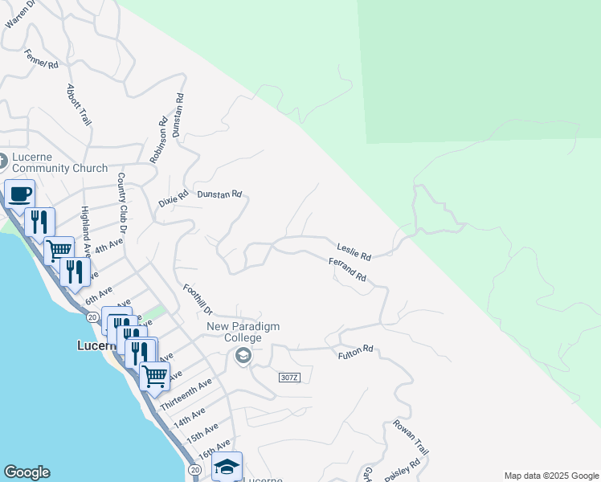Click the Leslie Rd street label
[x=354, y=252]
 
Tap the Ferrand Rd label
[x=347, y=269]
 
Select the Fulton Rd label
[x=356, y=351]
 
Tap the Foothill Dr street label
[x=197, y=300]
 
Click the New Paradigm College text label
[x=245, y=332]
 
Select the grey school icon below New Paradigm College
[x=244, y=355]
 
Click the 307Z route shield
[x=290, y=378]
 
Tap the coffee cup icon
[x=20, y=194]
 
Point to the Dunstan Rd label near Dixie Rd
[x=219, y=194]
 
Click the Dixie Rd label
[x=173, y=198]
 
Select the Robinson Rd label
[x=158, y=141]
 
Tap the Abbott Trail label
[x=78, y=104]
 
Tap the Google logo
[x=27, y=472]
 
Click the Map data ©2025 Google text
[x=550, y=476]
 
